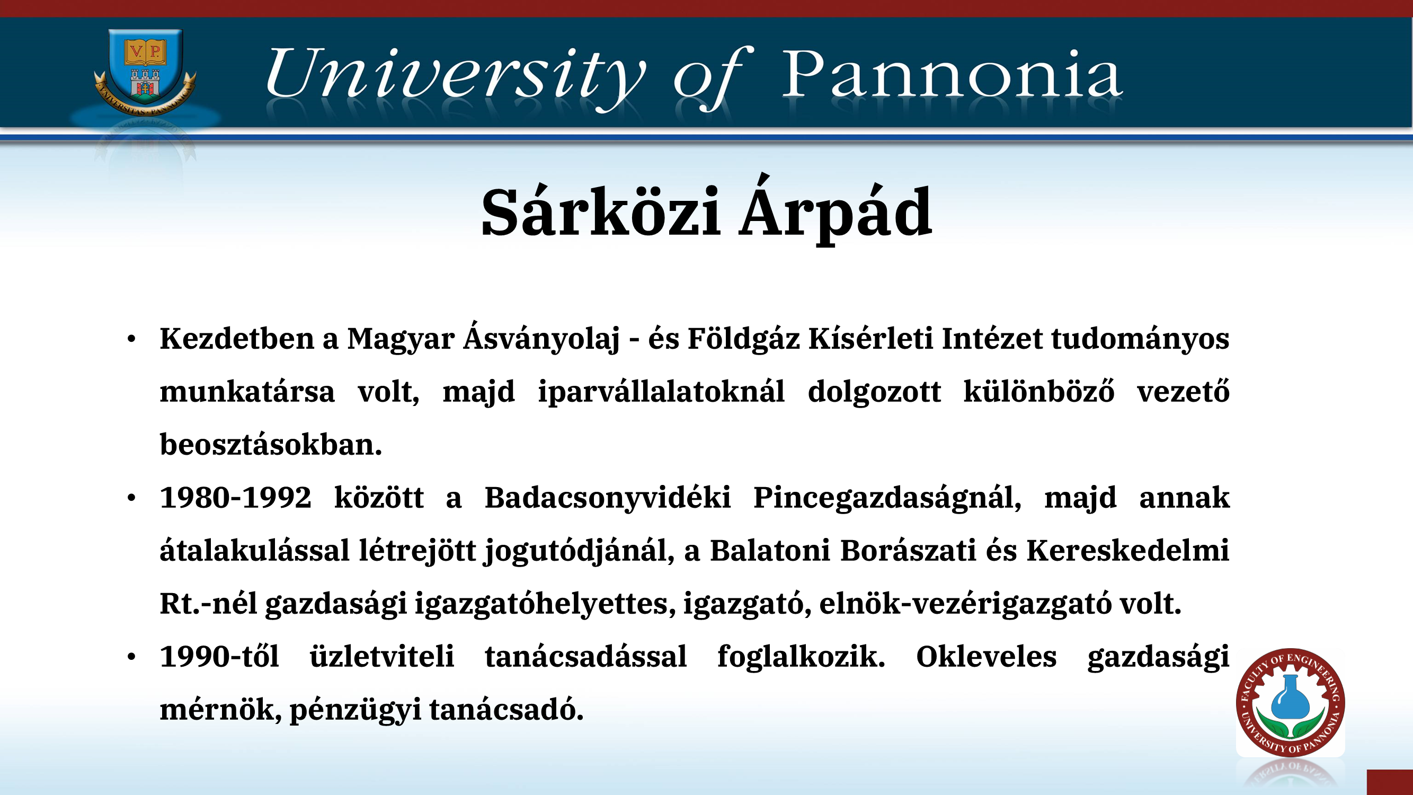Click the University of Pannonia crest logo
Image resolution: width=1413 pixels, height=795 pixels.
pyautogui.click(x=145, y=72)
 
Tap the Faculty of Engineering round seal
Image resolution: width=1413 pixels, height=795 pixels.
pyautogui.click(x=1290, y=702)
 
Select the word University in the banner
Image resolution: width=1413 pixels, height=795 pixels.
pyautogui.click(x=456, y=77)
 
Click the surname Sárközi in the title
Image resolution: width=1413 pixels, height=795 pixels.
pyautogui.click(x=601, y=212)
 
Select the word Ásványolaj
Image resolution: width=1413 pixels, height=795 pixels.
pyautogui.click(x=542, y=337)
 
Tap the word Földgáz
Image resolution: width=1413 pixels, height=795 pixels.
pyautogui.click(x=743, y=338)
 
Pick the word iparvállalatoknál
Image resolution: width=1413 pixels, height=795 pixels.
pyautogui.click(x=661, y=392)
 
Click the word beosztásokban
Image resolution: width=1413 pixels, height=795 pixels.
pyautogui.click(x=271, y=445)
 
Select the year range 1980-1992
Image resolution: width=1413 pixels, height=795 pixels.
pyautogui.click(x=235, y=498)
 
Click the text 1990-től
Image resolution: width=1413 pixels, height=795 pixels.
pyautogui.click(x=219, y=656)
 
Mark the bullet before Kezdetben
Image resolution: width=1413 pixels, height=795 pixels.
pyautogui.click(x=131, y=339)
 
